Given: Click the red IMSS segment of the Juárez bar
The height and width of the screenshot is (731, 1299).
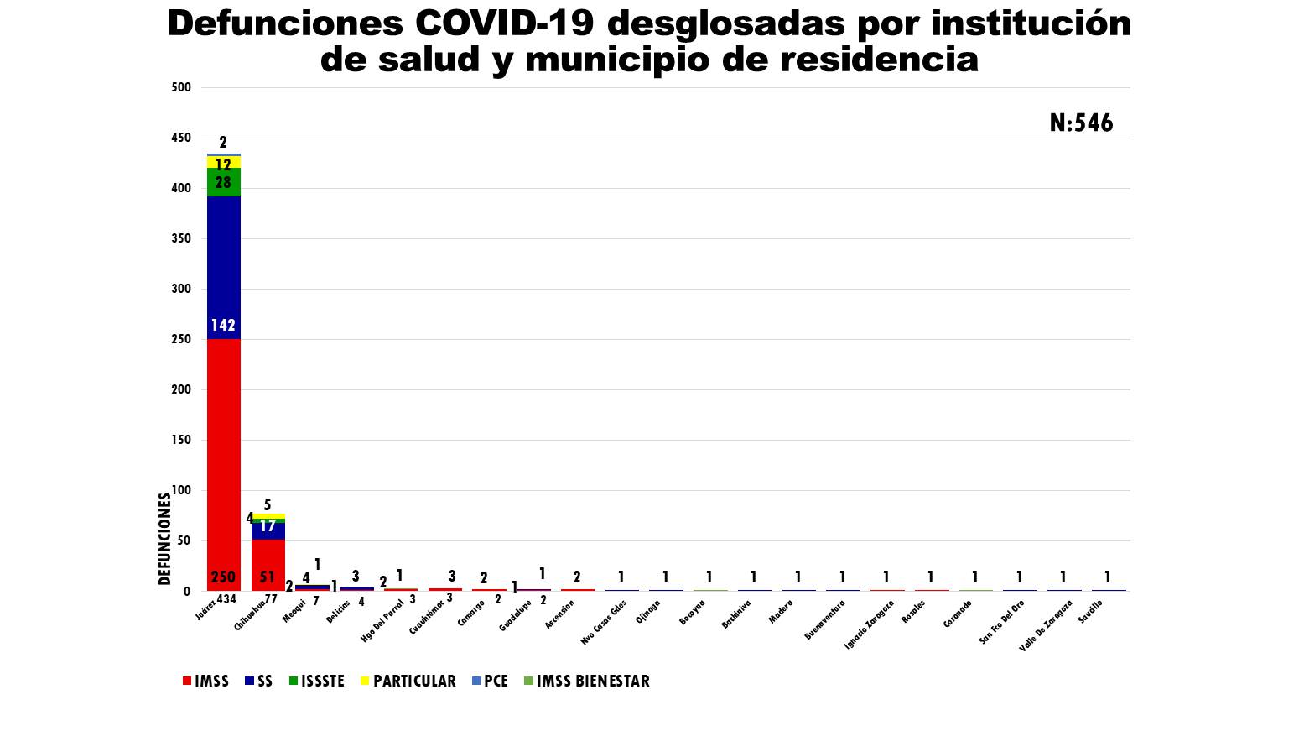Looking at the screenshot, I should [224, 462].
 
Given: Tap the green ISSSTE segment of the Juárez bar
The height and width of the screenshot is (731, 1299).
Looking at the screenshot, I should [224, 181].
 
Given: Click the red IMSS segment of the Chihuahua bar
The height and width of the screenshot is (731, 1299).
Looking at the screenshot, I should [268, 564].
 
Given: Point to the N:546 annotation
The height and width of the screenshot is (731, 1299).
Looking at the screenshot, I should [1081, 123].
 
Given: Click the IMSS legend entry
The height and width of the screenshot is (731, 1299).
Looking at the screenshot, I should [205, 681].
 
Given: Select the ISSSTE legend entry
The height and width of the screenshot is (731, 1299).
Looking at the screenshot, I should [316, 681].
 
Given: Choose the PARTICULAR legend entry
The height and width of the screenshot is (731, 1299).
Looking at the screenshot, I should [408, 681].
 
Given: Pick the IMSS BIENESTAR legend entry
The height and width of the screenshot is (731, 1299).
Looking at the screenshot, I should [586, 681].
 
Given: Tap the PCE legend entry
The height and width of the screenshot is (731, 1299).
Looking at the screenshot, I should [490, 681].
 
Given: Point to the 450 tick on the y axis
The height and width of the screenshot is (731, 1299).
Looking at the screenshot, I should [181, 138].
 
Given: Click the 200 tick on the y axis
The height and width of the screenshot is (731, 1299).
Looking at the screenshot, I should [181, 389].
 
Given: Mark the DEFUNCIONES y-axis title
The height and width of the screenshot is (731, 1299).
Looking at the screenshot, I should [164, 539].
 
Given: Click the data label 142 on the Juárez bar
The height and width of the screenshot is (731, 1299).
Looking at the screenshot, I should [223, 326].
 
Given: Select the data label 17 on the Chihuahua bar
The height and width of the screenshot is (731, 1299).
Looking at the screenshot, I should [268, 527].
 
